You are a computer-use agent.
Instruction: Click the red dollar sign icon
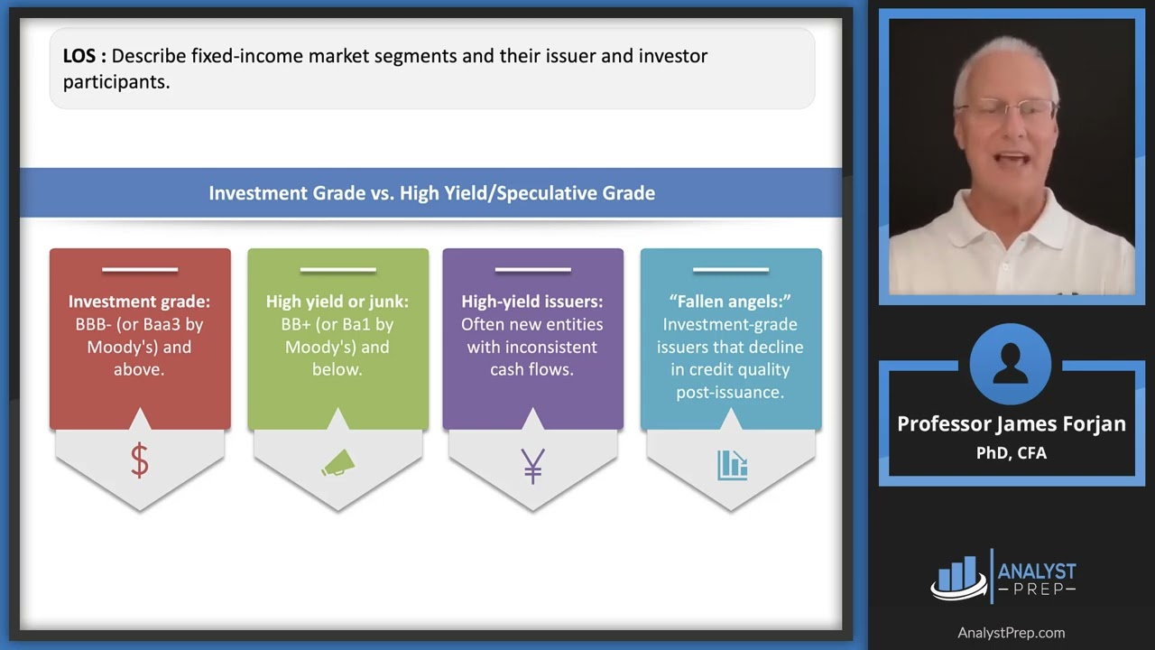click(139, 461)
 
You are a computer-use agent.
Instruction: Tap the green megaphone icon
click(338, 463)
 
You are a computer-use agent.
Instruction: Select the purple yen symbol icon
click(532, 464)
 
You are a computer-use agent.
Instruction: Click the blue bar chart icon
click(732, 464)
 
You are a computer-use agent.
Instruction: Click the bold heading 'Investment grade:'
click(139, 302)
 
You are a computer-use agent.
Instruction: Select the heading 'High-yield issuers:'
click(532, 302)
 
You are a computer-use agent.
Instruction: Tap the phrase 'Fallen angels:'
click(731, 302)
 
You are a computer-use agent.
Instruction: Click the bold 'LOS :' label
click(84, 56)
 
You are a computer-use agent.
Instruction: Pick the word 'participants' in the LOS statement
click(115, 82)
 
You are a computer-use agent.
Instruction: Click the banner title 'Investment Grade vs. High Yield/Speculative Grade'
click(431, 193)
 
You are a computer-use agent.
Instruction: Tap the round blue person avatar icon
click(1011, 365)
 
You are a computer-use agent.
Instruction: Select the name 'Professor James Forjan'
click(1011, 424)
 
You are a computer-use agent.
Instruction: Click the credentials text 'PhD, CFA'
click(1011, 453)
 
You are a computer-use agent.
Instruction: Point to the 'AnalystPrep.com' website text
click(1011, 633)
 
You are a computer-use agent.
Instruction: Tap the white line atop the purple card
click(532, 269)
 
